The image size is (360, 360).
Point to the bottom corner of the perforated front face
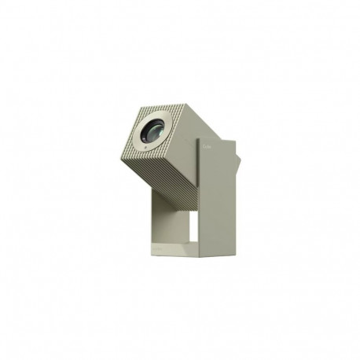[x=145, y=160]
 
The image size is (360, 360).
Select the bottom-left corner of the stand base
[x=150, y=251]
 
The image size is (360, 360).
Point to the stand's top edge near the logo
[x=216, y=139]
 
